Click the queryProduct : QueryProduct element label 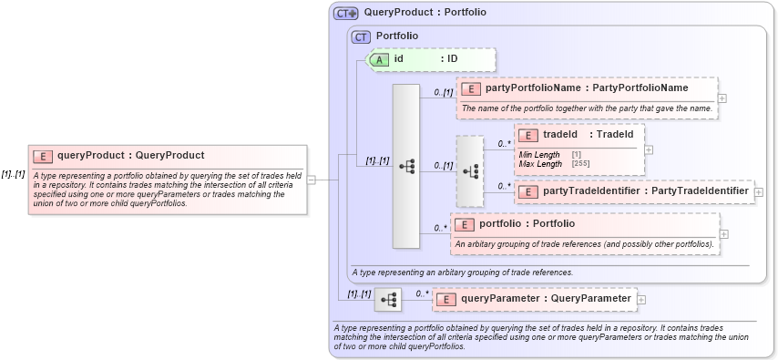point(130,156)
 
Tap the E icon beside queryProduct point(43,156)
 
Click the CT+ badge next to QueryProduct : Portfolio point(346,13)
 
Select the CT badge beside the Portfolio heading point(362,36)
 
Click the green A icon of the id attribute point(378,59)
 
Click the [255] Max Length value point(580,164)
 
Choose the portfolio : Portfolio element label point(527,223)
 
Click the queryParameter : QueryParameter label point(546,298)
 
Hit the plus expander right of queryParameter point(641,298)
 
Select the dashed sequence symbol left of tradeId point(470,170)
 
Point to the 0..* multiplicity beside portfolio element point(441,228)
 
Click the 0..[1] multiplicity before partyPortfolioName point(444,93)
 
